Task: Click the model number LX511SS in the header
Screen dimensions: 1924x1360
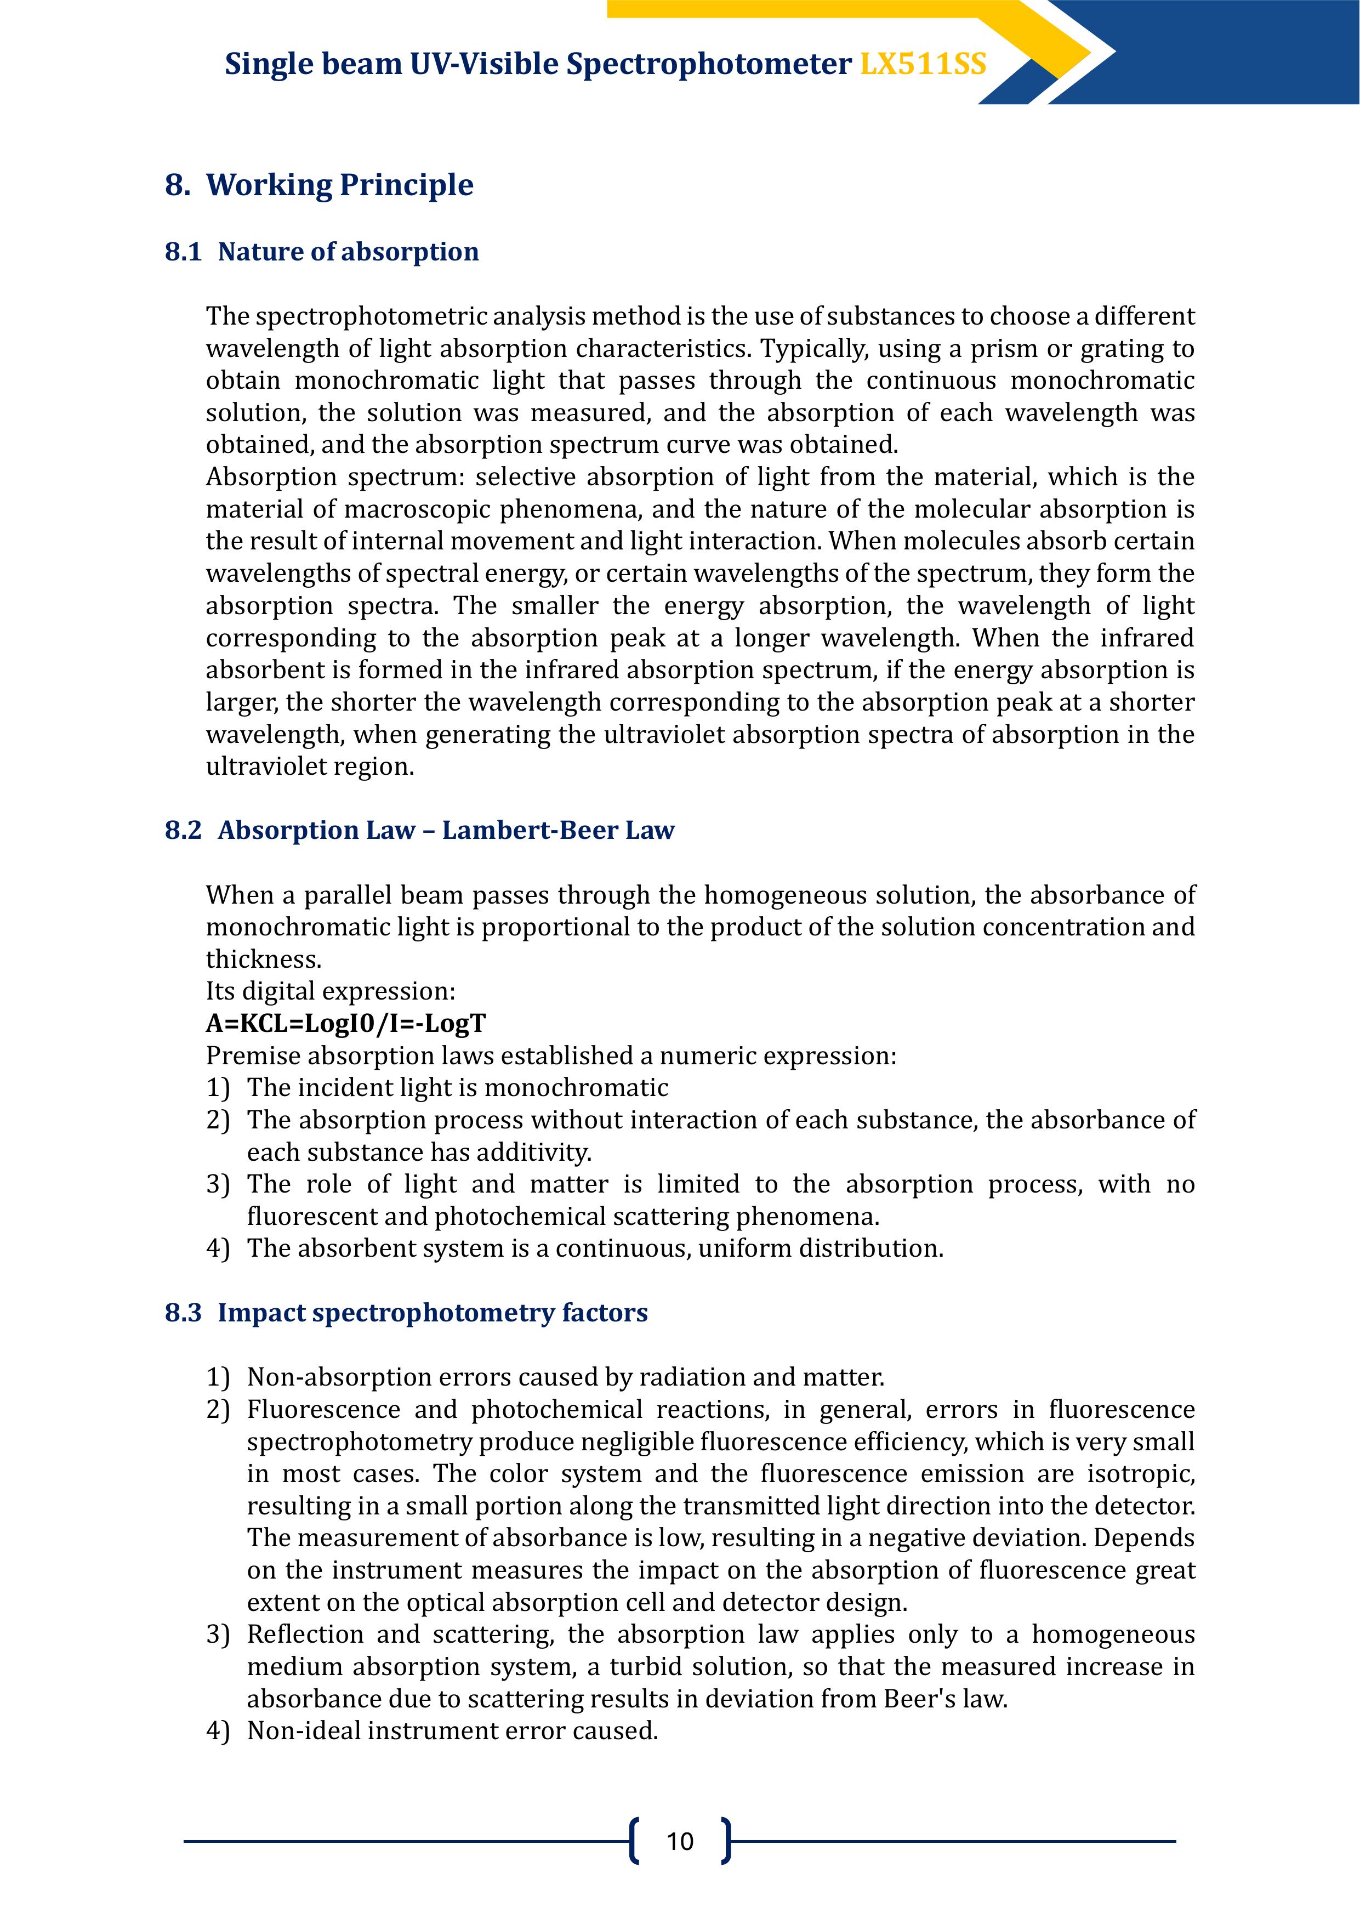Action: click(x=923, y=65)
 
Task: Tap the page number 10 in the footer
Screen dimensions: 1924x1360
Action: click(x=680, y=1841)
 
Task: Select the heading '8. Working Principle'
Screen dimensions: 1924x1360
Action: click(x=319, y=185)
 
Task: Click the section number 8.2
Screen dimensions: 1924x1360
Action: click(x=183, y=831)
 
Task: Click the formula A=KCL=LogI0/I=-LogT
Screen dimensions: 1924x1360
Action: click(x=345, y=1023)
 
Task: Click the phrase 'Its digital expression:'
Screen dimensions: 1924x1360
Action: click(x=330, y=991)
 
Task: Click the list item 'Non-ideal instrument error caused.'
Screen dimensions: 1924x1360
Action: click(x=452, y=1730)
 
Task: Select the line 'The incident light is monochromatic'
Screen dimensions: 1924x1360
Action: click(x=458, y=1088)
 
